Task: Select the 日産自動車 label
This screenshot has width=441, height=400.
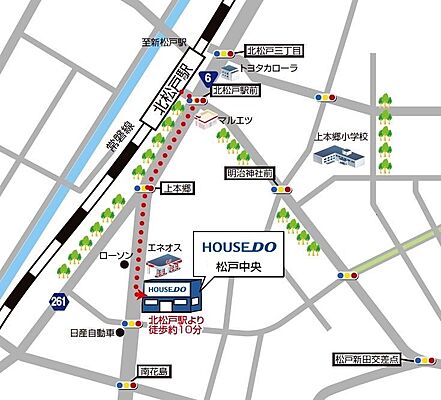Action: [93, 333]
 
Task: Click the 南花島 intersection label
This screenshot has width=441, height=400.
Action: [158, 370]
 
